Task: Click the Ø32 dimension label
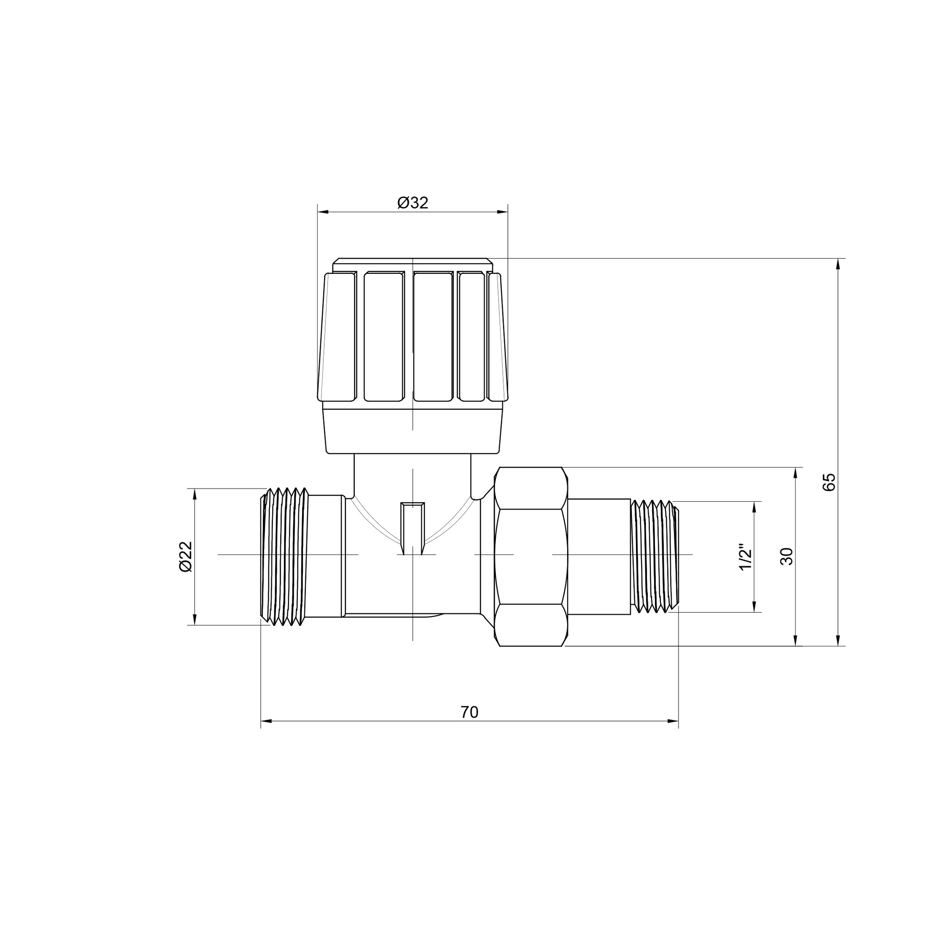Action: click(413, 203)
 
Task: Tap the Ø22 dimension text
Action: click(185, 556)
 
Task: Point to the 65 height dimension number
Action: click(829, 481)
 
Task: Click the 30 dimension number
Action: click(787, 556)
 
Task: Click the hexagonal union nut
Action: click(530, 556)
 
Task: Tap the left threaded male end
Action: click(284, 556)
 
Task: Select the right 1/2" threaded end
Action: click(654, 556)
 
